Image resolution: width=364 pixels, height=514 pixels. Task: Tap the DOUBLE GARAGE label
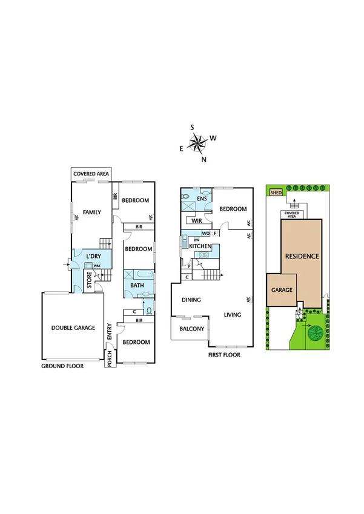[x=73, y=328]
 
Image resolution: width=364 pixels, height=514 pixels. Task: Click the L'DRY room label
[x=93, y=257]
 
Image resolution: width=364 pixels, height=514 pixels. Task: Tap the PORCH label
[x=110, y=359]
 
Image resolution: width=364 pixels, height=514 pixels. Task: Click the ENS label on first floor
[x=202, y=199]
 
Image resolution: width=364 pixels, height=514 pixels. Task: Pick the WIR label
[x=197, y=221]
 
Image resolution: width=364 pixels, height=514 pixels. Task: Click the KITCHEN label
[x=199, y=246]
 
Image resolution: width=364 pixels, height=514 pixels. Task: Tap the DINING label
[x=191, y=300]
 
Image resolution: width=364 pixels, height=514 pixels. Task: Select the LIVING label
[x=232, y=315]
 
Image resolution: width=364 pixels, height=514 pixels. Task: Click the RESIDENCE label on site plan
[x=302, y=256]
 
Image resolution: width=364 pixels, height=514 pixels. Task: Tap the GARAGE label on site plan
[x=282, y=291]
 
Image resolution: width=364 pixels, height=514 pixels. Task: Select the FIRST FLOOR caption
[x=223, y=355]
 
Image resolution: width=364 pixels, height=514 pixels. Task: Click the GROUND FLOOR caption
[x=62, y=366]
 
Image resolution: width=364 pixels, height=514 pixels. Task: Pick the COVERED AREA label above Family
[x=91, y=174]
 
